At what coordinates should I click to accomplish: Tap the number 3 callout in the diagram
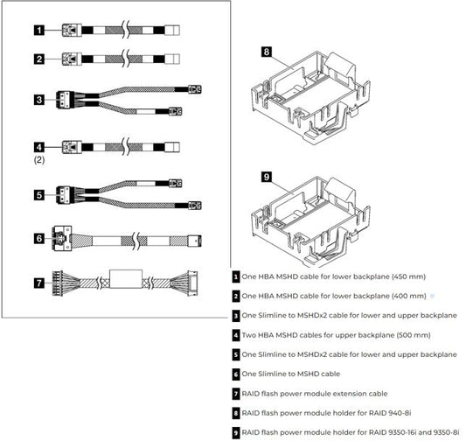pos(39,100)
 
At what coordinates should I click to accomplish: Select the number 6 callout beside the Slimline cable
pos(39,236)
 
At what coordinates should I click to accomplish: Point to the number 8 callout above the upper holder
pos(267,52)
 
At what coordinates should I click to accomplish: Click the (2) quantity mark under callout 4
pos(39,162)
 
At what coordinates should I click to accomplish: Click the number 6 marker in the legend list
pos(236,374)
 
